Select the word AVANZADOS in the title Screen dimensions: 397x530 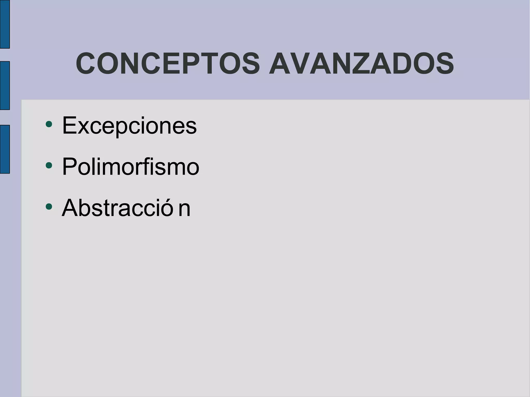click(361, 64)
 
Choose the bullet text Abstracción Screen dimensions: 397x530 click(126, 208)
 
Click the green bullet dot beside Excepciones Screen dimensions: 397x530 click(49, 124)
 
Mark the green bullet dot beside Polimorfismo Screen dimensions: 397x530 click(49, 165)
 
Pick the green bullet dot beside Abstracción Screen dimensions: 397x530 click(49, 206)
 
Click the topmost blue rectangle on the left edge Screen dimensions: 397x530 click(5, 24)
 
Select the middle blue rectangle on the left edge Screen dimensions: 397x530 click(5, 86)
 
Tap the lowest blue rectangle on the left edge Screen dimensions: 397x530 click(5, 149)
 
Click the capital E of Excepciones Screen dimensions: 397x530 click(68, 125)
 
